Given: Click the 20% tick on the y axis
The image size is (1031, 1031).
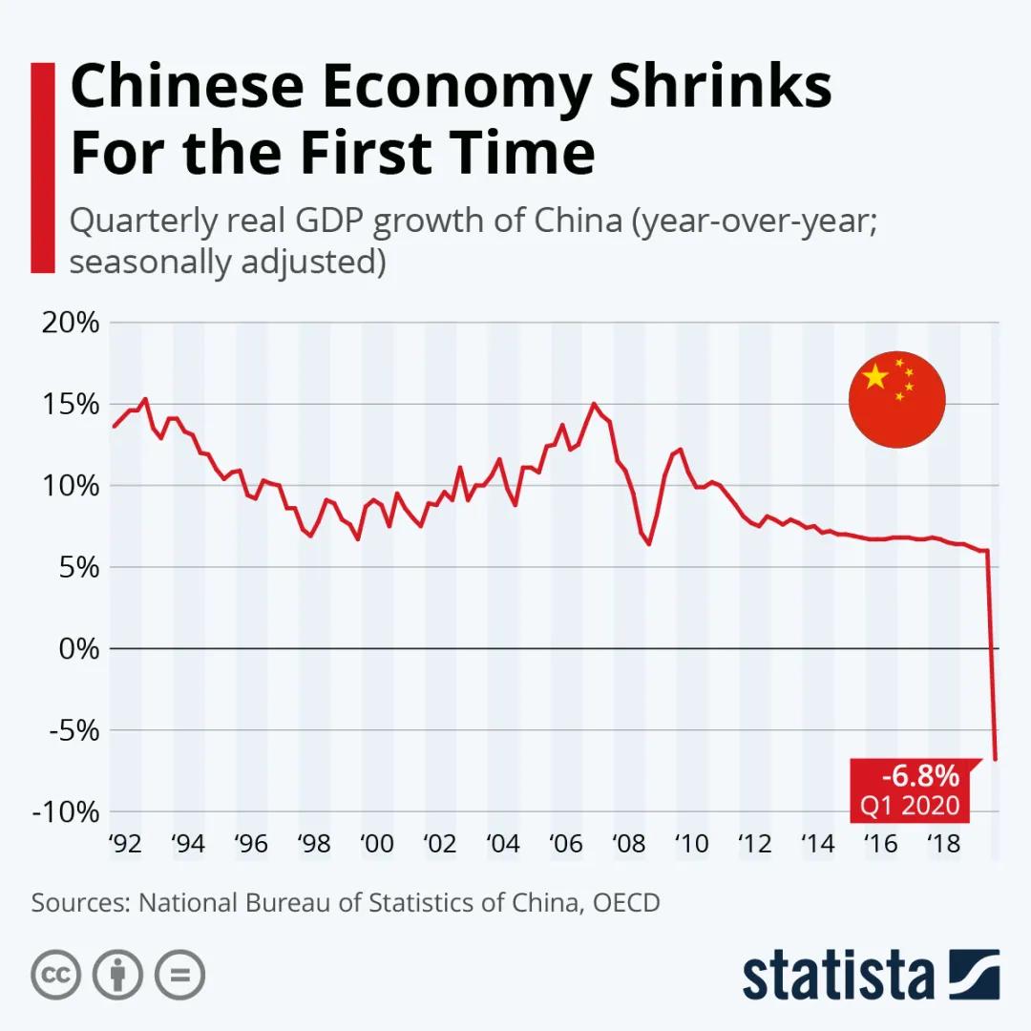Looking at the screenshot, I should point(71,323).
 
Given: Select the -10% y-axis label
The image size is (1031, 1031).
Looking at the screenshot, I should point(67,812).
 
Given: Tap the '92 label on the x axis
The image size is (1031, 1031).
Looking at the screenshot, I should point(125,844).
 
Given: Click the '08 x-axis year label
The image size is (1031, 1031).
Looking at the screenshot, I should point(628,844).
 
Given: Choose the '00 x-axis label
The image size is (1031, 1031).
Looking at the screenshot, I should point(377,844).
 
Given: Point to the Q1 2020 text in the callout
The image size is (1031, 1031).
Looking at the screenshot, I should point(909,806).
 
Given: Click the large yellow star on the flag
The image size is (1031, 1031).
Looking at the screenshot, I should point(875,377).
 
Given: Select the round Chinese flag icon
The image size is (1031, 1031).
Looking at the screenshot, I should point(896,400).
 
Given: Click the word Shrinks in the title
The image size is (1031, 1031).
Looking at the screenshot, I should point(721,87).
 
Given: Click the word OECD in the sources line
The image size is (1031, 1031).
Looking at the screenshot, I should point(626,902).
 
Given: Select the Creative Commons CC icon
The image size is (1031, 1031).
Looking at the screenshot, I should point(55,975).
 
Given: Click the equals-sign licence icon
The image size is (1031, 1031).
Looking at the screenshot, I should point(179,975).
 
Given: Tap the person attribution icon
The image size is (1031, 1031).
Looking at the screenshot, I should point(117,975).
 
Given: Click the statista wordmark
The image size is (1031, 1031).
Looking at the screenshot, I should point(838,976).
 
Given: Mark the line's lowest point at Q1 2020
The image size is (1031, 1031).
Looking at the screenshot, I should point(996,760).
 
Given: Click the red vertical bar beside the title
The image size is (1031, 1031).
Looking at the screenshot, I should point(43,167).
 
